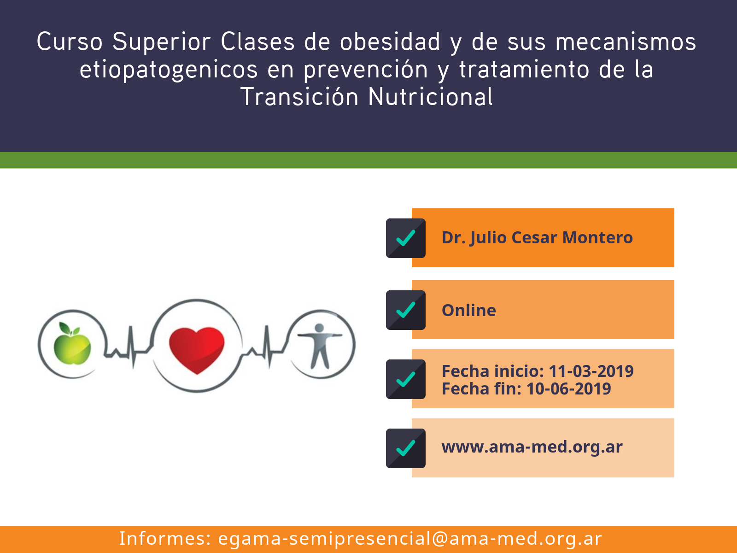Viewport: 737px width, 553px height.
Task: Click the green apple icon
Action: (x=72, y=344)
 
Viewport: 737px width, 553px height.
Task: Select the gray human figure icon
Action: (x=320, y=346)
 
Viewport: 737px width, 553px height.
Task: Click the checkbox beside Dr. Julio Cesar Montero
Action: (x=406, y=238)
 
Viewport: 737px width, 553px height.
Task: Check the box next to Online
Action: (x=406, y=310)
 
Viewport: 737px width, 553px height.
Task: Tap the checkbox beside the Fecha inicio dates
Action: (x=406, y=379)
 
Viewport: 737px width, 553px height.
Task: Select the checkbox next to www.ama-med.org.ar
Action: (x=406, y=448)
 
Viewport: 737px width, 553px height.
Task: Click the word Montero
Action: (x=597, y=238)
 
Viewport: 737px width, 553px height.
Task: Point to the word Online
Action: (x=469, y=310)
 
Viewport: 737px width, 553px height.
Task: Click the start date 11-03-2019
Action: (x=591, y=371)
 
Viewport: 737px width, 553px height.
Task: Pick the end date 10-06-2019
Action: (x=568, y=389)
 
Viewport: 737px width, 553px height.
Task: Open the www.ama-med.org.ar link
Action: (x=532, y=447)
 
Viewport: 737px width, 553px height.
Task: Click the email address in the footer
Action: (x=410, y=539)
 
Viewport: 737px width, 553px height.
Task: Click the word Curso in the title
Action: (x=70, y=41)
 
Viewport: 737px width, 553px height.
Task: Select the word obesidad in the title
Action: (x=390, y=41)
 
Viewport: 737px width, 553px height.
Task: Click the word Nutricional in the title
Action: (x=430, y=97)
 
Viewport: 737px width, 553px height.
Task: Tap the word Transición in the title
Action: (x=299, y=97)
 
